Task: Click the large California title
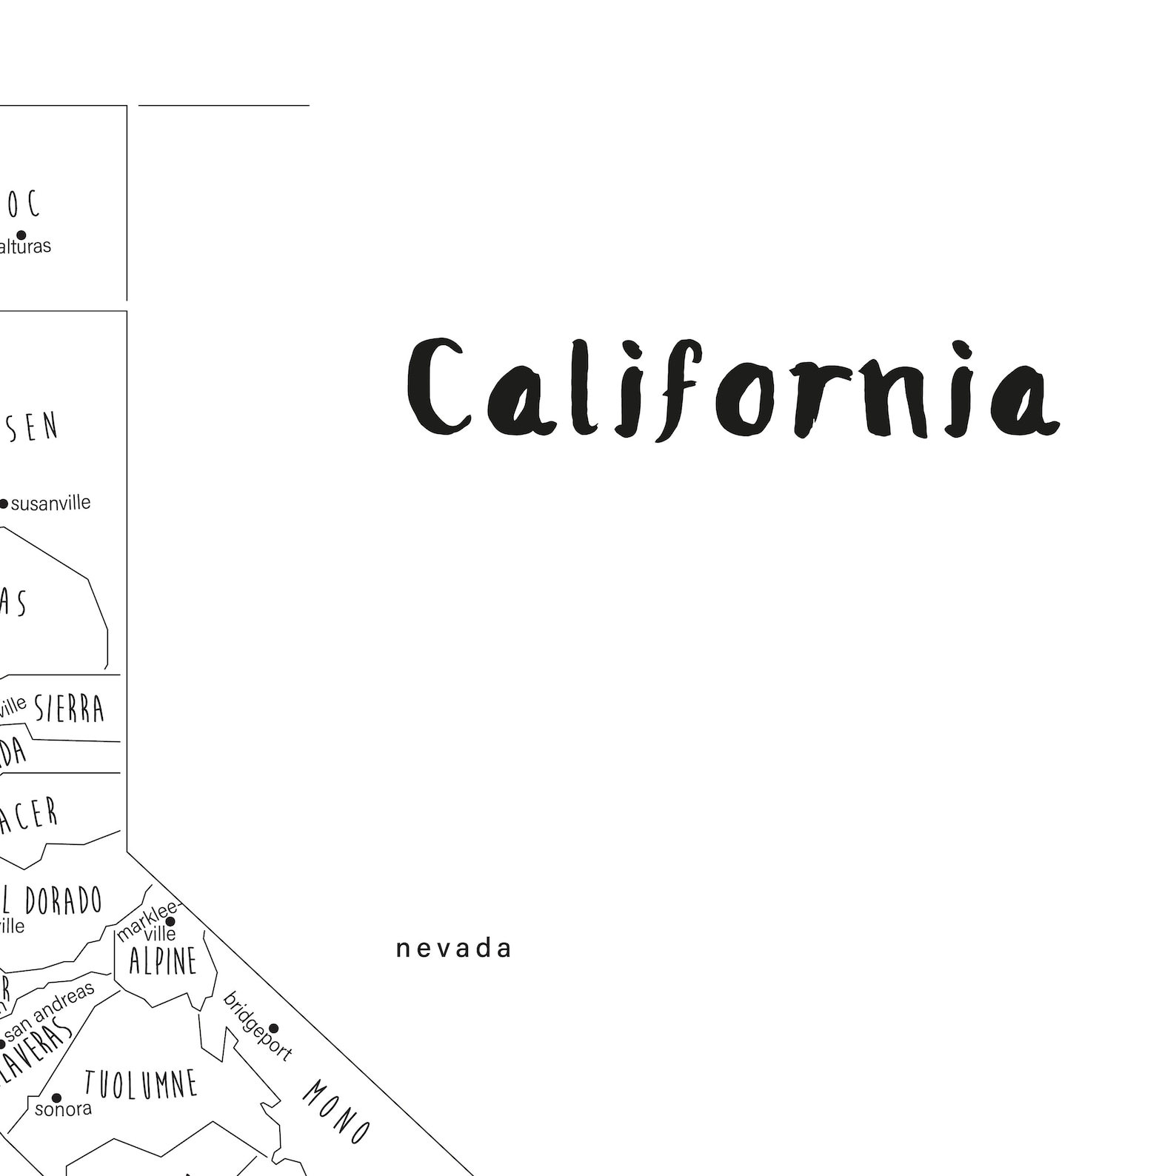click(x=733, y=389)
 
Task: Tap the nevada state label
click(x=453, y=949)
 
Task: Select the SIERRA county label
click(x=70, y=709)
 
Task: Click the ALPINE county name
click(x=163, y=961)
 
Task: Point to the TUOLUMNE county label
click(x=141, y=1084)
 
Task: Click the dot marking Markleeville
click(x=170, y=922)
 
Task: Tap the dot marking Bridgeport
click(x=273, y=1028)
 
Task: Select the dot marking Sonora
click(x=56, y=1098)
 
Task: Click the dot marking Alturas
click(x=21, y=235)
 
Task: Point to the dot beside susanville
click(x=4, y=504)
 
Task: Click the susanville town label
click(x=51, y=504)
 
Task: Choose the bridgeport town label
click(x=257, y=1026)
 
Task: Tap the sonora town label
click(x=64, y=1109)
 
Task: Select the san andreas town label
click(x=51, y=1011)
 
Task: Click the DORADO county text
click(x=63, y=901)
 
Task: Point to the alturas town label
click(x=25, y=247)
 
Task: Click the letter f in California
click(x=675, y=389)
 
